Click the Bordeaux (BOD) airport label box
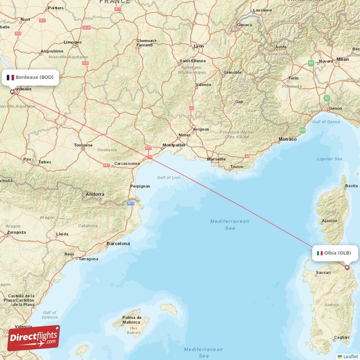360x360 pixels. [x=30, y=77]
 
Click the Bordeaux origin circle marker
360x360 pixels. [x=13, y=91]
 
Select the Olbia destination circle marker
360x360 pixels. [x=347, y=267]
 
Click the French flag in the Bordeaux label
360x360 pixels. [x=10, y=77]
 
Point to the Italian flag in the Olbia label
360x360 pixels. [x=319, y=253]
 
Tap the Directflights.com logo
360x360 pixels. [x=33, y=337]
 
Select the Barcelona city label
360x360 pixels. [x=118, y=243]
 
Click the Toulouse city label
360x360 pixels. [x=83, y=145]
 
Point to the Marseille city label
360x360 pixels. [x=216, y=159]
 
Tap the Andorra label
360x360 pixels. [x=95, y=194]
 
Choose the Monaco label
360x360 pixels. [x=288, y=139]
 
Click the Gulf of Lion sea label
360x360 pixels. [x=169, y=177]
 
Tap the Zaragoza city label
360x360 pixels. [x=16, y=232]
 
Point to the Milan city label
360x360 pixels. [x=342, y=59]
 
